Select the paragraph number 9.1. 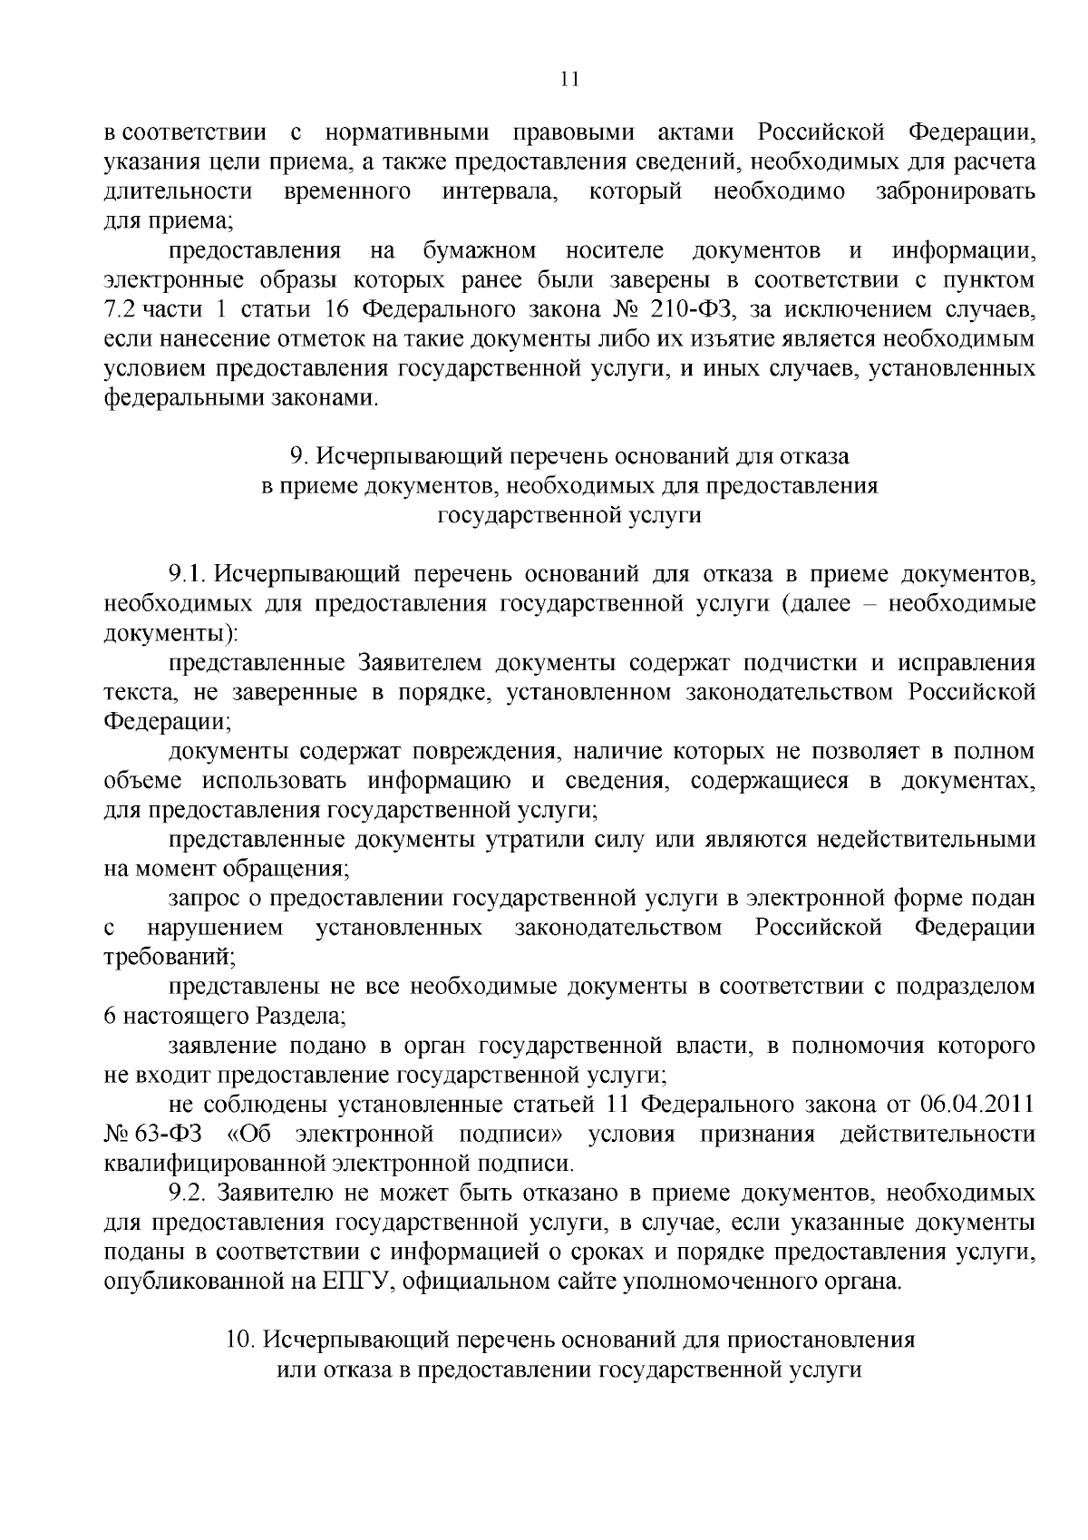click(187, 574)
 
